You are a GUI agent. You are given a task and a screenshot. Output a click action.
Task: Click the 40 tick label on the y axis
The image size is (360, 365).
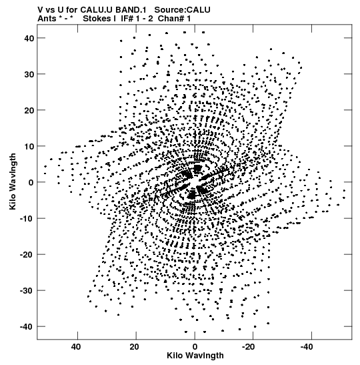(29, 38)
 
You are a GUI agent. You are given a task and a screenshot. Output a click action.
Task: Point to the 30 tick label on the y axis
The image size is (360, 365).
(29, 74)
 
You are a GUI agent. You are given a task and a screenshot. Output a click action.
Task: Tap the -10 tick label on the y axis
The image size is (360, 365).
(27, 219)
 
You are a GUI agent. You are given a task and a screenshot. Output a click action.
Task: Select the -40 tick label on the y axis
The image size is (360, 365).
(27, 327)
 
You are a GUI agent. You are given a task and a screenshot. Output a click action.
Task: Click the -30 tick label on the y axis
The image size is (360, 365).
(27, 291)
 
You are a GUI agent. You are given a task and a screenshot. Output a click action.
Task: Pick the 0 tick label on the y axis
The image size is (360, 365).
(31, 183)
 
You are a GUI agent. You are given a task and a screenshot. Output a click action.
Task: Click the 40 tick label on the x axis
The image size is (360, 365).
(76, 347)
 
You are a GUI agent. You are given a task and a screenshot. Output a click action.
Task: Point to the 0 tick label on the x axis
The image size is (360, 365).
(195, 347)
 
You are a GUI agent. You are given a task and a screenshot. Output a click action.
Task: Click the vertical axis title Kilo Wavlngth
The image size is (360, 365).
(13, 181)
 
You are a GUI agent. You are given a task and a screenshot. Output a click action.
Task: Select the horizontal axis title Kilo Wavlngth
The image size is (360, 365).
(195, 356)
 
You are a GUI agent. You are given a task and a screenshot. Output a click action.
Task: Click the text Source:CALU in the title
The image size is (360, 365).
(182, 10)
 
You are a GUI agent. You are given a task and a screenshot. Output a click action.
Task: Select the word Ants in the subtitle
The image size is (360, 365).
(47, 19)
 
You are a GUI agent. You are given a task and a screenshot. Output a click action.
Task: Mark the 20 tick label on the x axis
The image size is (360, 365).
(135, 347)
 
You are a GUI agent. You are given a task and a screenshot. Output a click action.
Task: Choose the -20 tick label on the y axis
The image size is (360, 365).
(27, 255)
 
